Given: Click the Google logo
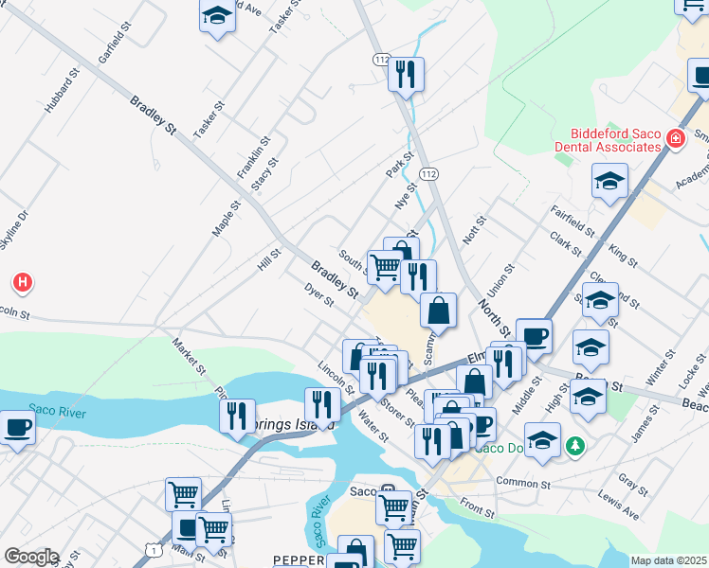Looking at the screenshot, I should (x=31, y=557).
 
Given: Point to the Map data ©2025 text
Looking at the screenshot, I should (x=668, y=560).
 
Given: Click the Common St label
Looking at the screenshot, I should (x=522, y=483).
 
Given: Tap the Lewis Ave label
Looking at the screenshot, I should (x=618, y=506).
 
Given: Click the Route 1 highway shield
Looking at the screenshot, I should (x=153, y=549).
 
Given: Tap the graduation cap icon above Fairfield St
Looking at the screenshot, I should (x=609, y=180).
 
